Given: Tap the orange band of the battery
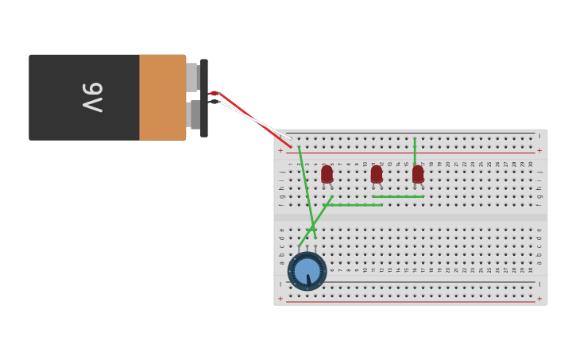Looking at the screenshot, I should coord(162,97).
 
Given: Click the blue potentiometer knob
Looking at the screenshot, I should coord(307,272).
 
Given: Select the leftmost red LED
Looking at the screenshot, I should coord(327,173).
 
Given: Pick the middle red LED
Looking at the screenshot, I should coord(377,173).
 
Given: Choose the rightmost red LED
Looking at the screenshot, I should coord(418,173).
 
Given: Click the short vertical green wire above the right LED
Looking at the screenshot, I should coord(415,151).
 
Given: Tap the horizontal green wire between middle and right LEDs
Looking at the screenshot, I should coord(397,196).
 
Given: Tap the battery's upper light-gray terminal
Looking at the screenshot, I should coord(191,77).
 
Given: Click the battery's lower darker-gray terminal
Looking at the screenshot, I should coord(194,114).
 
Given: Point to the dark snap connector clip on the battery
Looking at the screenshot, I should coord(204,97).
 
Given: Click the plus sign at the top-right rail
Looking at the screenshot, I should coord(539,150).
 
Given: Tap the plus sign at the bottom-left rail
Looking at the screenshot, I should coord(280,299).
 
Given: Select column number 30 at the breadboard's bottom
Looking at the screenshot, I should coord(531,270).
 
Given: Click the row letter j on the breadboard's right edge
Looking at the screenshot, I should coord(539,171).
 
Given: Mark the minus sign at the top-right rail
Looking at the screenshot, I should coord(539,136).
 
